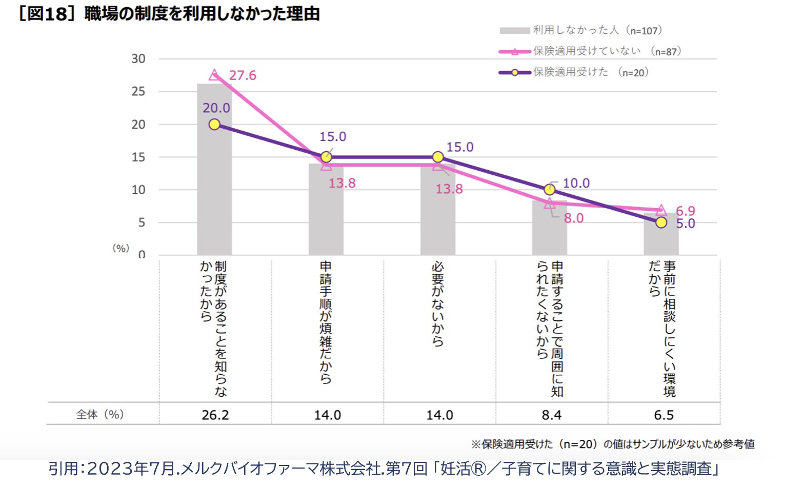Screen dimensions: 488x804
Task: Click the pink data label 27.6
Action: (242, 75)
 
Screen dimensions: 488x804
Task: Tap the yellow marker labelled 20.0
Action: (214, 124)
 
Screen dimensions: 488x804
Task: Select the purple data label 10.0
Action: (576, 183)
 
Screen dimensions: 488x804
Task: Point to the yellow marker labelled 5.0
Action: (661, 222)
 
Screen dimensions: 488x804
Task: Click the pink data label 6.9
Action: (685, 211)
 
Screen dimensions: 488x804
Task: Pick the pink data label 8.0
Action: (573, 218)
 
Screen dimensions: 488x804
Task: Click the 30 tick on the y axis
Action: (138, 59)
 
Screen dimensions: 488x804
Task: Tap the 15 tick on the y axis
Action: (138, 157)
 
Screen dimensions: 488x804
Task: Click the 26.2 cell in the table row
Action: (215, 415)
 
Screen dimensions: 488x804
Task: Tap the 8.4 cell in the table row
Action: (551, 415)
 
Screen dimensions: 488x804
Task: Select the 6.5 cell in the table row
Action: (664, 415)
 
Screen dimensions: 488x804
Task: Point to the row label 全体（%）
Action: (100, 414)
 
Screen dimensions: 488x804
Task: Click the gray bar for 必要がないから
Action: (437, 210)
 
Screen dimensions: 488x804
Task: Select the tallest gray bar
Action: (214, 169)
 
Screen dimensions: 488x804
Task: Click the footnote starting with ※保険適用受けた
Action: (612, 444)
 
